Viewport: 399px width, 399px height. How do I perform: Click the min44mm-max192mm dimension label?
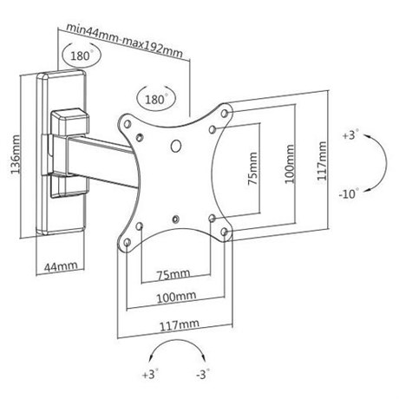(125, 40)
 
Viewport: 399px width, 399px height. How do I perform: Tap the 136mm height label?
(16, 154)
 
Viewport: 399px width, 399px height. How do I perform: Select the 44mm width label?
(61, 266)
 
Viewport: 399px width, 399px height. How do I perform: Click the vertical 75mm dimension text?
(252, 168)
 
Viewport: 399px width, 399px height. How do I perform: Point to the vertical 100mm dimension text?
(290, 164)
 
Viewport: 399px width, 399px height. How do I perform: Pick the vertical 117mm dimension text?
(322, 161)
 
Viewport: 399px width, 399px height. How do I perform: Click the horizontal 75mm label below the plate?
(173, 274)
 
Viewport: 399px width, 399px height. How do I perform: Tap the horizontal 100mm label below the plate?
(176, 297)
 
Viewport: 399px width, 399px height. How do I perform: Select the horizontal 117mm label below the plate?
(180, 324)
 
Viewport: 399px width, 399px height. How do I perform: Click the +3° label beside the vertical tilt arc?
(350, 134)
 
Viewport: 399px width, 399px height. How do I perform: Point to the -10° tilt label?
(349, 193)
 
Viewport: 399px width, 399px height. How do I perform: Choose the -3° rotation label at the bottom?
(203, 375)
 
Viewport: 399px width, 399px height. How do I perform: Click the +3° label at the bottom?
(150, 375)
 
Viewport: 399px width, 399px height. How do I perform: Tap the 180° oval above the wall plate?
(82, 56)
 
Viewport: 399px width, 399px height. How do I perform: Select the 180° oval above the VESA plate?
(156, 99)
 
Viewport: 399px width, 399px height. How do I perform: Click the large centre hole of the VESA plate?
(176, 146)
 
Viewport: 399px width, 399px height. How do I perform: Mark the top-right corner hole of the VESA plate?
(225, 113)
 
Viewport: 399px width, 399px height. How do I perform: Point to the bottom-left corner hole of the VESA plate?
(128, 242)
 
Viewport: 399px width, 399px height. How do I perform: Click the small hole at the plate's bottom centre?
(175, 219)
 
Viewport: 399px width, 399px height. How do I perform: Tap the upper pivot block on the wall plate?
(70, 121)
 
